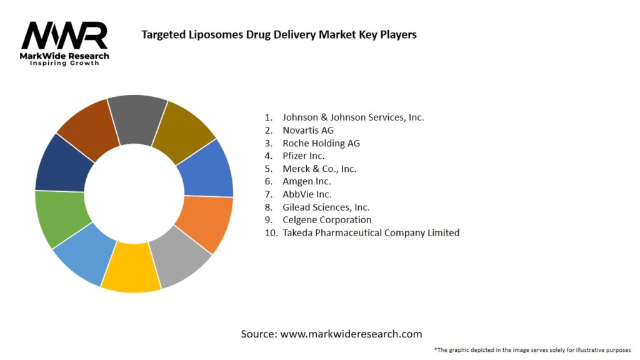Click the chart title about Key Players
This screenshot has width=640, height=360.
(x=279, y=34)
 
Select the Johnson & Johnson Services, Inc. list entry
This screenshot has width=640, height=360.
(x=352, y=117)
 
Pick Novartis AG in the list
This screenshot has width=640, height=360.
(x=307, y=130)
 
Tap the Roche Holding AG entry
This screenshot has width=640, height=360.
(x=321, y=143)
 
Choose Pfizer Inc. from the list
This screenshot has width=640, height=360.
(x=303, y=156)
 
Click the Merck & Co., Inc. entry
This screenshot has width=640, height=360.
(x=319, y=169)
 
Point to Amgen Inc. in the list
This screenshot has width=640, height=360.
(x=306, y=181)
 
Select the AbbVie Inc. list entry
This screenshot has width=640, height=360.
(x=306, y=194)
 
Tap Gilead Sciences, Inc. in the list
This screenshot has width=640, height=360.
(x=326, y=207)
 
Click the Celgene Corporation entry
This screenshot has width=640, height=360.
(x=326, y=220)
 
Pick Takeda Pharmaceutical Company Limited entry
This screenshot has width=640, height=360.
(x=371, y=232)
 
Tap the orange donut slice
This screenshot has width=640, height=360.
(x=204, y=224)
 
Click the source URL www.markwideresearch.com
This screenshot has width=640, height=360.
(x=351, y=334)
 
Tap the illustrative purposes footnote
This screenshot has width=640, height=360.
(x=532, y=349)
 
